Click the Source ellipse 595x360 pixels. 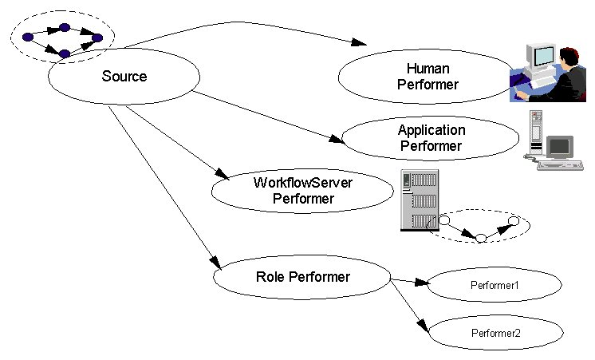124,77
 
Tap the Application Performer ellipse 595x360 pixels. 431,138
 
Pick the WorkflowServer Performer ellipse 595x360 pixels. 303,191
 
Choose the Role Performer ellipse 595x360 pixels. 303,278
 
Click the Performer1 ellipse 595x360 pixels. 495,285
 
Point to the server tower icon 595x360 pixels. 418,202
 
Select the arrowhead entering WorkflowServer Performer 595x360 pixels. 223,175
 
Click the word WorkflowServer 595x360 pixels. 303,183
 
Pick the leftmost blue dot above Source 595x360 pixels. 28,37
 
